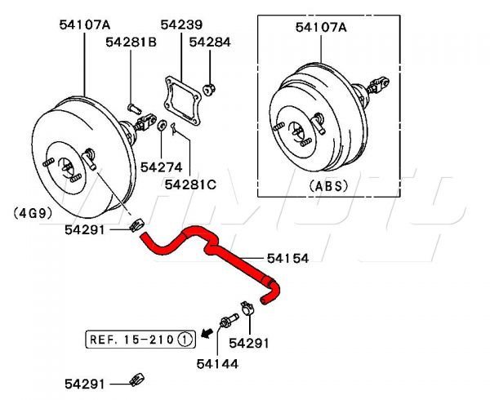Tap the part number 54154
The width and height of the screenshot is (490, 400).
(x=287, y=258)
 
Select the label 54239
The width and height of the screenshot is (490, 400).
(x=181, y=25)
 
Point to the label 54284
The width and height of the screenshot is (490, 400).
(x=210, y=41)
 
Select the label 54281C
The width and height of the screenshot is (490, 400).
(x=190, y=184)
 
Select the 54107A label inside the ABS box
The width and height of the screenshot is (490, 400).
(x=321, y=28)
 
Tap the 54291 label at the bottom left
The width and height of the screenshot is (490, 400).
(x=85, y=382)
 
